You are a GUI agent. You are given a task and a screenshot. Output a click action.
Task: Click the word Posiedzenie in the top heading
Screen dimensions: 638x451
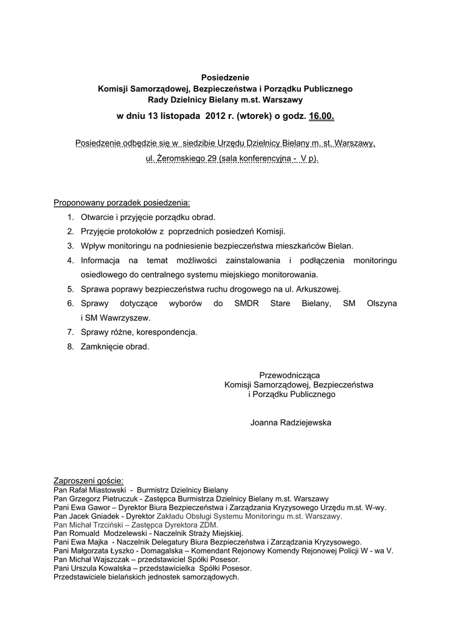click(225, 78)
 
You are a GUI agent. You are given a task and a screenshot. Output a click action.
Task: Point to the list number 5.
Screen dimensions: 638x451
click(71, 289)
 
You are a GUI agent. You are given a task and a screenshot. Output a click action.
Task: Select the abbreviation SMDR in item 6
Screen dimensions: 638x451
click(247, 303)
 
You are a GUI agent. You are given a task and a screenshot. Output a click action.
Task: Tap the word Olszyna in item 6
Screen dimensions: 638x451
click(382, 303)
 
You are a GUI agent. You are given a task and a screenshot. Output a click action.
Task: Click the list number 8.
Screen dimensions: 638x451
click(71, 346)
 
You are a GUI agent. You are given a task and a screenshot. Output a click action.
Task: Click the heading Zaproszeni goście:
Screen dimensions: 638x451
click(88, 481)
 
